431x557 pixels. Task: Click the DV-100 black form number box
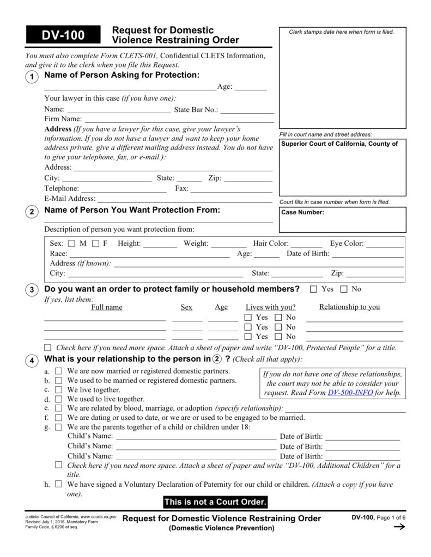[63, 35]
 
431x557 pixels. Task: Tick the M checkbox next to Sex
[72, 244]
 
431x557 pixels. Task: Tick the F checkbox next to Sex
[95, 244]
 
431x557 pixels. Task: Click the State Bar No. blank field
[246, 110]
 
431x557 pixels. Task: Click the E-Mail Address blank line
[185, 199]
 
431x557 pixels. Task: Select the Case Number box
[343, 220]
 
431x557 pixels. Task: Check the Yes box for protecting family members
[313, 289]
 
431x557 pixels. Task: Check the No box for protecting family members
[344, 289]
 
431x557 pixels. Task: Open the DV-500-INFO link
[350, 393]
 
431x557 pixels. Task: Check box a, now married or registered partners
[58, 371]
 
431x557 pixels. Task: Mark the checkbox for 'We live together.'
[58, 390]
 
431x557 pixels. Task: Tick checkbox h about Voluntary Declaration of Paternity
[58, 484]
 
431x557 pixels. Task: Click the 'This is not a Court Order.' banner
[215, 502]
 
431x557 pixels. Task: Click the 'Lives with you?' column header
[271, 307]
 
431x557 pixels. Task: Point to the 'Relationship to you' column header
[349, 307]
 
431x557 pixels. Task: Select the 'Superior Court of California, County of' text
[339, 144]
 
